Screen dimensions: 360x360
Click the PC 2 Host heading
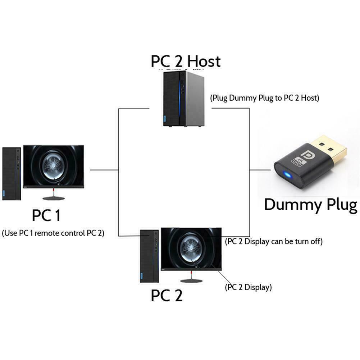pos(185,61)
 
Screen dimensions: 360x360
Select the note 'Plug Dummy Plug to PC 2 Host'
pos(265,97)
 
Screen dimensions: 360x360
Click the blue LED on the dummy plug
pos(288,175)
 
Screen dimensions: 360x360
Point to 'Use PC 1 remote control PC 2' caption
pos(53,233)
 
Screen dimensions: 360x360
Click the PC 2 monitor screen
pos(191,247)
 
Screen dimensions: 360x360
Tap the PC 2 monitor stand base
pos(191,281)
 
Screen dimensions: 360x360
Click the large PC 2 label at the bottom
pos(167,295)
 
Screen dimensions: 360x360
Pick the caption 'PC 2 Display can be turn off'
pos(273,241)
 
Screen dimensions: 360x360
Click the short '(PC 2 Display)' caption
pos(248,287)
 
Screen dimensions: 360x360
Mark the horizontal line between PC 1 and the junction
pos(104,170)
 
